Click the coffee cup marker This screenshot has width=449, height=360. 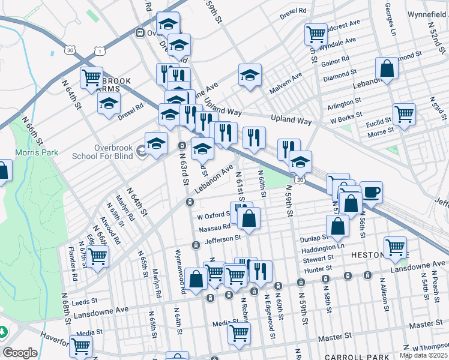point(371,192)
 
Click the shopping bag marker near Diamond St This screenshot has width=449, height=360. point(387,69)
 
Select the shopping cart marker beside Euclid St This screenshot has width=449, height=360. point(404,113)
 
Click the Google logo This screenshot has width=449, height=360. point(20,353)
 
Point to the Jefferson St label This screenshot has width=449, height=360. point(222,238)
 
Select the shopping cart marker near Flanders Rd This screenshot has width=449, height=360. point(97,256)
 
